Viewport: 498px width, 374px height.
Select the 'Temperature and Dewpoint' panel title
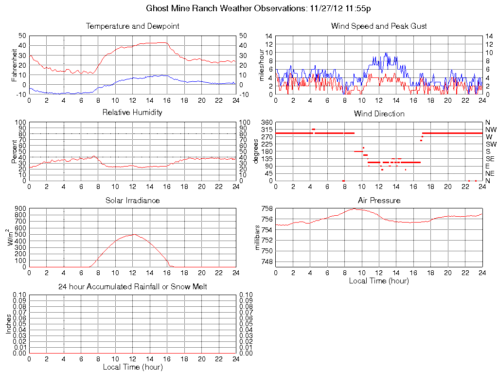(x=132, y=26)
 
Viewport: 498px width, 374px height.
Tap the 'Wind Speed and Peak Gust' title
(x=379, y=26)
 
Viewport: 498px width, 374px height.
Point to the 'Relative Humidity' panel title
(x=132, y=112)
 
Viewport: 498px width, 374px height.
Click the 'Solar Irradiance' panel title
(x=132, y=200)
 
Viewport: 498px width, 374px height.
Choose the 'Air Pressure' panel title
(x=379, y=200)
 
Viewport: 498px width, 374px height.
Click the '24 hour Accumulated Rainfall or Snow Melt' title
(x=132, y=287)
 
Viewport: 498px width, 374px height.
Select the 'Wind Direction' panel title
(x=379, y=113)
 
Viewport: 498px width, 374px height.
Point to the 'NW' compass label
(x=490, y=130)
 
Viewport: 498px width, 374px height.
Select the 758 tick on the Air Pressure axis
(x=267, y=209)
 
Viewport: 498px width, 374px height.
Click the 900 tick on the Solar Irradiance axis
(x=20, y=209)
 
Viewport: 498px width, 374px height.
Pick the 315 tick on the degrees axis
(x=267, y=130)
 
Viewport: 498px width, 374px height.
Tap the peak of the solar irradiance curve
(x=133, y=235)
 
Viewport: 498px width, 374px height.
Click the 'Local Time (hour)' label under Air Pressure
(x=379, y=280)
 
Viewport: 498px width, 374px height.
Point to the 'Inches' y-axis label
(x=9, y=324)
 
